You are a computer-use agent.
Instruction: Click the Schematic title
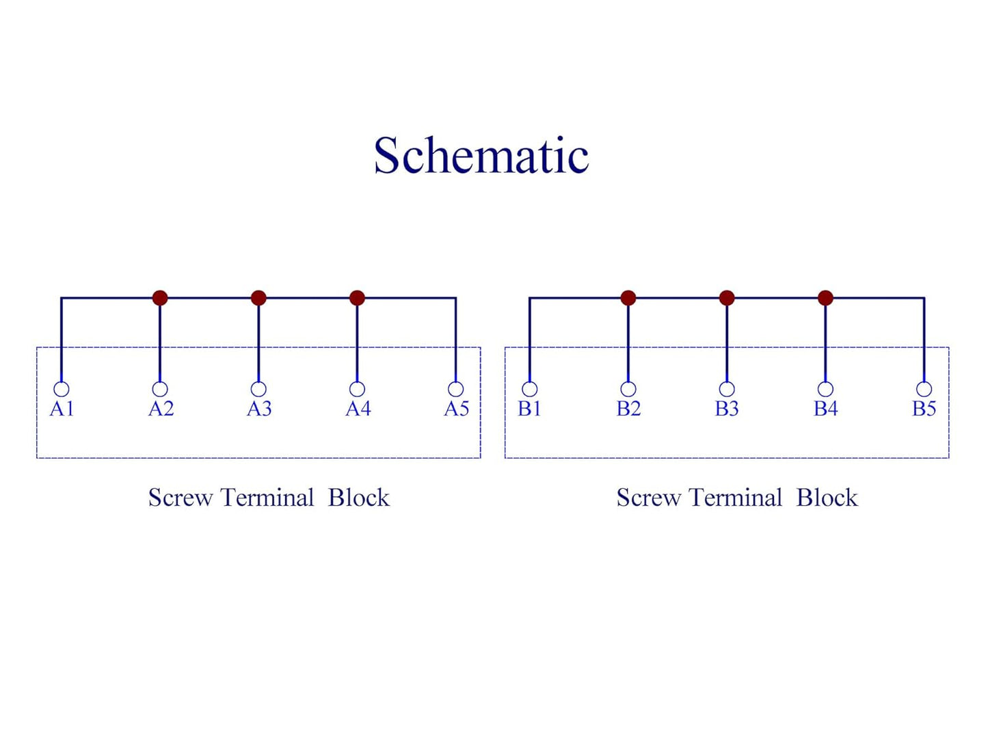(481, 154)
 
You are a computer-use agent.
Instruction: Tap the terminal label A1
(62, 409)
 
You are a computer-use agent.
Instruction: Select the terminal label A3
(259, 409)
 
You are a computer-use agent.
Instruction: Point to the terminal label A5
(457, 409)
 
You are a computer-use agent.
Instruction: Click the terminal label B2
(628, 409)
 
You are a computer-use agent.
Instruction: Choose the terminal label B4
(825, 409)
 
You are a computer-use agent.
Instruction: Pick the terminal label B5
(924, 409)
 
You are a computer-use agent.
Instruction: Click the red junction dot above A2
(160, 298)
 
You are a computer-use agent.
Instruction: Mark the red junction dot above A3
(259, 298)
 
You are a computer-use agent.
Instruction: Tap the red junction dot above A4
(358, 298)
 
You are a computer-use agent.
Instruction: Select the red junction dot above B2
(628, 298)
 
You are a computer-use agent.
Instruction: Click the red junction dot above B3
(727, 298)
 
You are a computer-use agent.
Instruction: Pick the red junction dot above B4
(825, 298)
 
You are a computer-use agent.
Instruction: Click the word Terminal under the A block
(267, 498)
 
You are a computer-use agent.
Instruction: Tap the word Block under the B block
(827, 498)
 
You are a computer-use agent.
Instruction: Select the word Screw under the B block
(649, 498)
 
